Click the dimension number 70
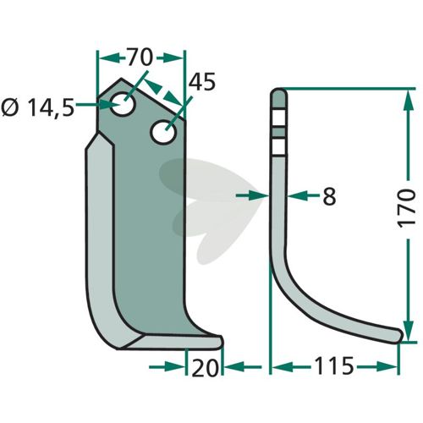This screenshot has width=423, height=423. (x=140, y=58)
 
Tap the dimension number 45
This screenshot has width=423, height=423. (x=202, y=82)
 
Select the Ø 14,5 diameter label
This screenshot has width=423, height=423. (x=38, y=108)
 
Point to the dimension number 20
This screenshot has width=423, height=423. (x=205, y=368)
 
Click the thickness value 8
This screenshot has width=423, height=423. (x=329, y=196)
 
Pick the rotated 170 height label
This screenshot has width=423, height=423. (x=406, y=208)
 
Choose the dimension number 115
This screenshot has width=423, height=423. (x=333, y=365)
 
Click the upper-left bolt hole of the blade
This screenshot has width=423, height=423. (x=123, y=103)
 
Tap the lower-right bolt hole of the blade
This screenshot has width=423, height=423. (x=163, y=132)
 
